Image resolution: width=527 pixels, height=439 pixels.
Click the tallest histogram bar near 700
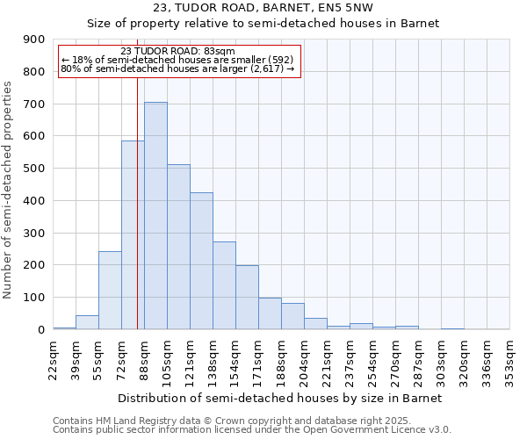click(155, 215)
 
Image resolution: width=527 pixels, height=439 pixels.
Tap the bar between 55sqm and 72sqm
click(110, 290)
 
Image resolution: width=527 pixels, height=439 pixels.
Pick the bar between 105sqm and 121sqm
click(178, 247)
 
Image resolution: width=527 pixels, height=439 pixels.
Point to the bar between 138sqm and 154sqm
click(224, 285)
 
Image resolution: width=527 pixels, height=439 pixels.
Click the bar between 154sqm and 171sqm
click(247, 297)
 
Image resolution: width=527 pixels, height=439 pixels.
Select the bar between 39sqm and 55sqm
click(87, 322)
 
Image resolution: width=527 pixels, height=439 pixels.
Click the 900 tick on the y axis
click(34, 40)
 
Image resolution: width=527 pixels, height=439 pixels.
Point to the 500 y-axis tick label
click(34, 169)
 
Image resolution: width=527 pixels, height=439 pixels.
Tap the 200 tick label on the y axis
click(34, 265)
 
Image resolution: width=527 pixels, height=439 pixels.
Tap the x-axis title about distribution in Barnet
click(281, 398)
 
